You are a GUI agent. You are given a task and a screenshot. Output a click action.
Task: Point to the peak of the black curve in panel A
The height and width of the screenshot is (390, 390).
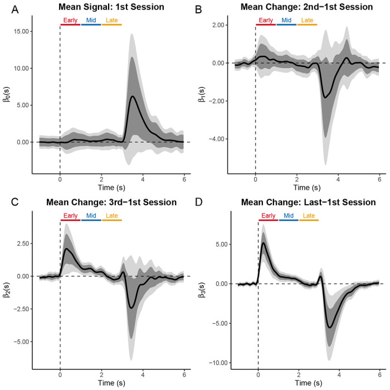[132, 97]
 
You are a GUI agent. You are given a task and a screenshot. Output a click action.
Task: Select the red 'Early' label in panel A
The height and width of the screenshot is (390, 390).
[70, 21]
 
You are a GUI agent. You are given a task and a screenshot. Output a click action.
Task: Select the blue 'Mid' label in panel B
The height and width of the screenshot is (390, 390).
[286, 21]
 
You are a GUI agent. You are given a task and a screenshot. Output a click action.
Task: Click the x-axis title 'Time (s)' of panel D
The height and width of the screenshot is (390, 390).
[317, 384]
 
